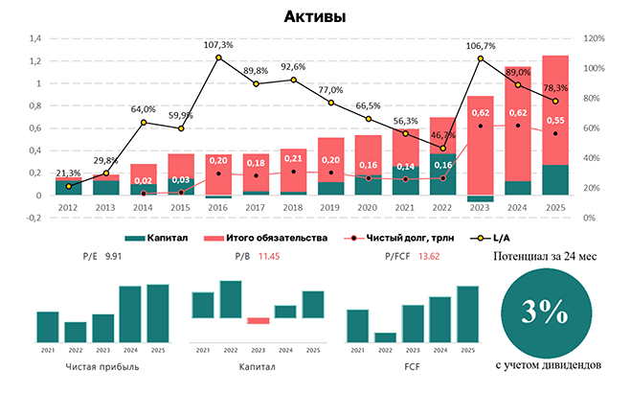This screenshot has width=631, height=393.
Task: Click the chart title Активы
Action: [315, 16]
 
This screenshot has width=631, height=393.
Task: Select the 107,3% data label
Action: [218, 44]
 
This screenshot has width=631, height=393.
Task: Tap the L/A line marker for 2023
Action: [480, 58]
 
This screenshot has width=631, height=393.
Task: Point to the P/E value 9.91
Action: [114, 257]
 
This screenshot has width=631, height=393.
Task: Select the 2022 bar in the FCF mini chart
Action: [385, 336]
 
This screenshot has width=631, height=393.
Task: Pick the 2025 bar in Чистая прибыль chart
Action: [158, 312]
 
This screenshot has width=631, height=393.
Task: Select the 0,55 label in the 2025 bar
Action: [553, 121]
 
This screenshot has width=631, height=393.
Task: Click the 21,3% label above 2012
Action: [68, 173]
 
